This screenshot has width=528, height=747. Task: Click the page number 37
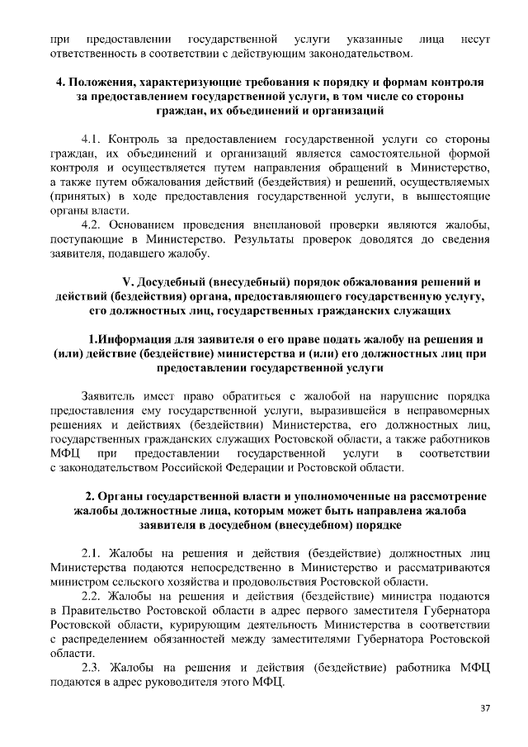point(485,708)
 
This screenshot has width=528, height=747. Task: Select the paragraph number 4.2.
point(92,225)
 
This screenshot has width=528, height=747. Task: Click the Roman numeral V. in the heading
point(127,280)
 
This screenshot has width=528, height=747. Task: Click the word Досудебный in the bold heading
point(179,280)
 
